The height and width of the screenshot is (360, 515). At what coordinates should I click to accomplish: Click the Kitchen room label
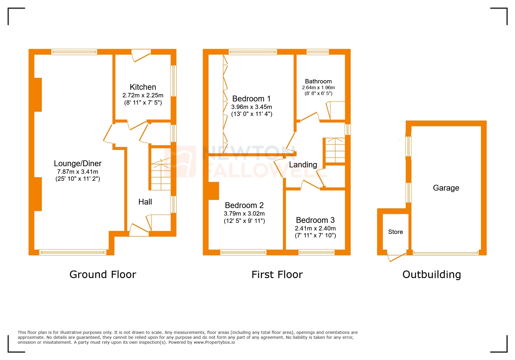[x=143, y=87]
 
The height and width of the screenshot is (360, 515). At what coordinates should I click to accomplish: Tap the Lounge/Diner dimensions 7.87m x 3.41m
[x=78, y=172]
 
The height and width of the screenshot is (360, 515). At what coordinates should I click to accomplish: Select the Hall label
[x=145, y=202]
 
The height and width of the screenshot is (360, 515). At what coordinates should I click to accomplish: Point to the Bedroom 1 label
[x=251, y=99]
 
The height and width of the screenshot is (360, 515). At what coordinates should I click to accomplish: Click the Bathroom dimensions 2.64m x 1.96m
[x=318, y=88]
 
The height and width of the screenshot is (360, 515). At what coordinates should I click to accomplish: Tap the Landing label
[x=303, y=165]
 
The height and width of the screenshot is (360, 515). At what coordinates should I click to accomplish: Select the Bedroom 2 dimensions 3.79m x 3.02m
[x=244, y=214]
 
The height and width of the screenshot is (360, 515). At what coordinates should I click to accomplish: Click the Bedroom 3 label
[x=315, y=220]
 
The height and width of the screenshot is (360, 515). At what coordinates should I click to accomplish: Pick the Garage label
[x=446, y=188]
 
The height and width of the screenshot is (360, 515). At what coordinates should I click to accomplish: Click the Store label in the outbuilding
[x=395, y=232]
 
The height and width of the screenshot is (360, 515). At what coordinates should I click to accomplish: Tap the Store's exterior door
[x=397, y=257]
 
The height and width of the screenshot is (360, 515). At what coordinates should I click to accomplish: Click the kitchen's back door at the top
[x=141, y=56]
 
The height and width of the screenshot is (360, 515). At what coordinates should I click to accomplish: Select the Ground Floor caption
[x=103, y=275]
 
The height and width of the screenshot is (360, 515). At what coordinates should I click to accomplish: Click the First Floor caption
[x=277, y=275]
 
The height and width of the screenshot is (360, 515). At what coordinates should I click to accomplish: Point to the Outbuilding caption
[x=432, y=275]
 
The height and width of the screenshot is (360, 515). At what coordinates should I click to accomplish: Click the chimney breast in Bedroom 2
[x=214, y=191]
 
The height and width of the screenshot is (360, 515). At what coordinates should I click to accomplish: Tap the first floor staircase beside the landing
[x=335, y=150]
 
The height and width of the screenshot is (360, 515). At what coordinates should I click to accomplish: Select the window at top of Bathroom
[x=318, y=52]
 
